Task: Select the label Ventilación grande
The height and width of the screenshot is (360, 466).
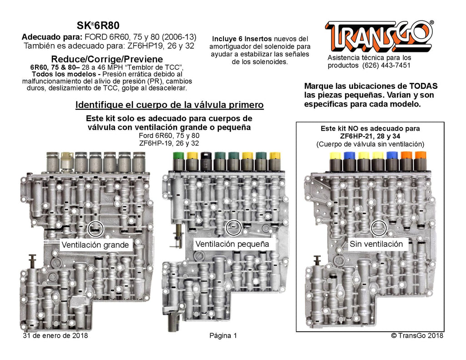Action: pos(96,245)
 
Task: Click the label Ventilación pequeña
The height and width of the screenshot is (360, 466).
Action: pos(232,244)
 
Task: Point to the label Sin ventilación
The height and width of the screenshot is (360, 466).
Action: pos(376,244)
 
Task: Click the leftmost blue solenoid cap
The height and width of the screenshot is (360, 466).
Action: pos(350,156)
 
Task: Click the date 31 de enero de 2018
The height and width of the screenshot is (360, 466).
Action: pos(55,336)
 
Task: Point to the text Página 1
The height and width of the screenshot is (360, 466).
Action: pos(223,336)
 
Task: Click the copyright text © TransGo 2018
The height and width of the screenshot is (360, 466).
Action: pos(417,336)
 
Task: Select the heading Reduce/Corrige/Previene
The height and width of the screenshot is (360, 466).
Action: pos(107,60)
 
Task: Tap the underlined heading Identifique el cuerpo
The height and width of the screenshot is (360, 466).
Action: pos(169,105)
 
